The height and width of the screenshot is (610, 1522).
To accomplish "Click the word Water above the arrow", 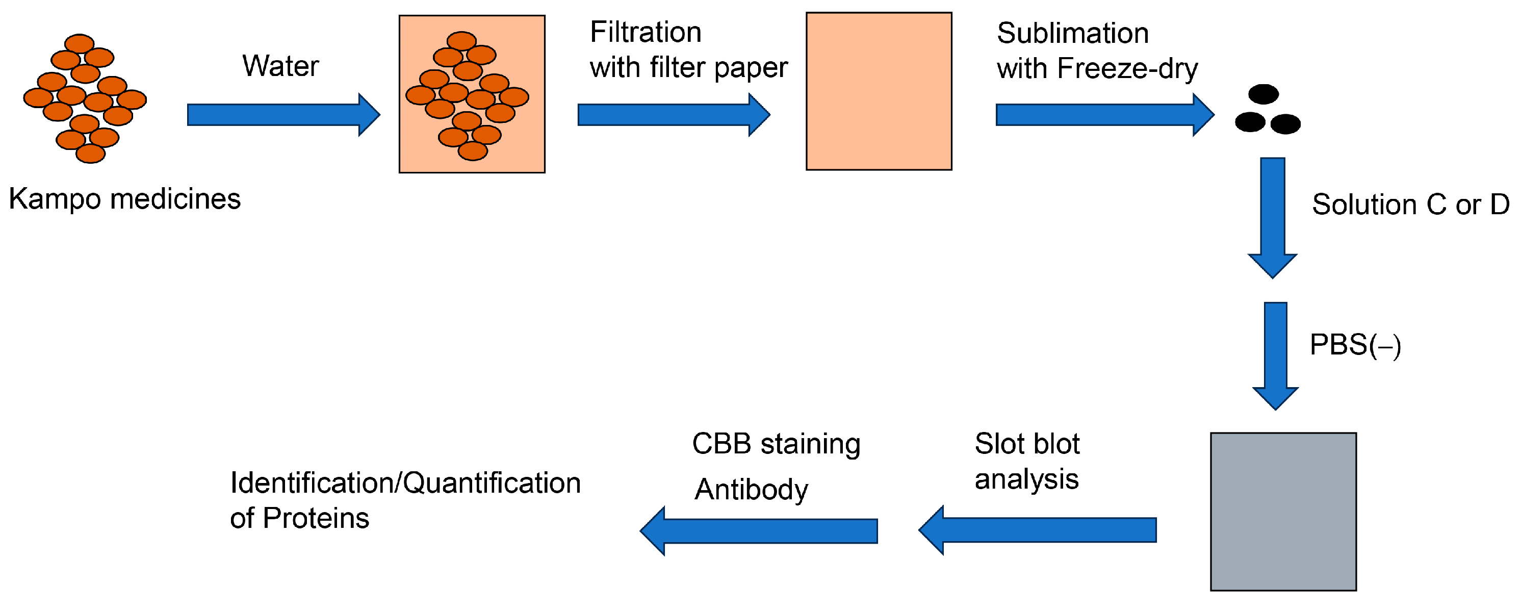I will [x=280, y=66].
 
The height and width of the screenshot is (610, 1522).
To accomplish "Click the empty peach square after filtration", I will [x=879, y=92].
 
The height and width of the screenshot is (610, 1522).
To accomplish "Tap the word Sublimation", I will [x=1072, y=34].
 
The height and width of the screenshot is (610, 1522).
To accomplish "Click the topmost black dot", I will [x=1263, y=94].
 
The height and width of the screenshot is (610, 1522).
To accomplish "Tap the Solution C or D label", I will [x=1410, y=205].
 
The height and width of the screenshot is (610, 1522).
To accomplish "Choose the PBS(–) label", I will [x=1355, y=345].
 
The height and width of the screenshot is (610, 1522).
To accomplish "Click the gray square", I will [x=1283, y=511].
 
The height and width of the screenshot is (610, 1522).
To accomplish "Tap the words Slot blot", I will [x=1027, y=444].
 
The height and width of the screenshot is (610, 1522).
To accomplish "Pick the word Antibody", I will [x=751, y=490].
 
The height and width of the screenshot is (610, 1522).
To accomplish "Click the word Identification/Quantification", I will [x=405, y=484].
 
